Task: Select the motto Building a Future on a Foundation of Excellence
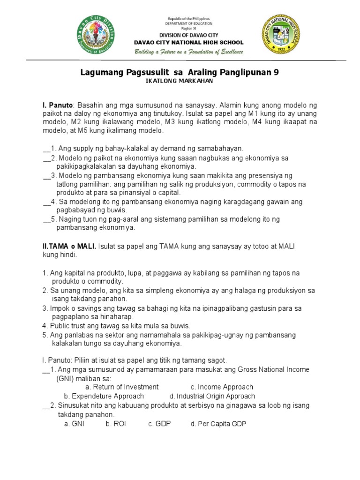188,52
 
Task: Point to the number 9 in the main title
282,72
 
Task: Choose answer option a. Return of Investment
122,387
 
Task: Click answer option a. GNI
74,424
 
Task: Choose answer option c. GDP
159,424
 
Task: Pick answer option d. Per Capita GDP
218,424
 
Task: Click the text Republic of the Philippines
188,18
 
